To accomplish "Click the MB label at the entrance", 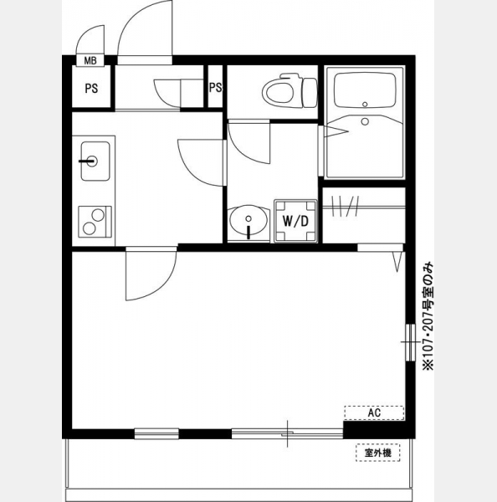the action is pos(90,61).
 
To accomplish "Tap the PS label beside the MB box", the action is pos(91,89).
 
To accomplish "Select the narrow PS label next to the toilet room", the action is pos(216,87).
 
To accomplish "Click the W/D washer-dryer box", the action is pos(295,221).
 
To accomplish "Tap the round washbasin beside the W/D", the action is pos(248,220).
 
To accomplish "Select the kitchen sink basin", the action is pos(95,161).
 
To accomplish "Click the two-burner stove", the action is pos(95,222).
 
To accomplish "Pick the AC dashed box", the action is pos(374,412).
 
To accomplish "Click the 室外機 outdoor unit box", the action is pos(378,453).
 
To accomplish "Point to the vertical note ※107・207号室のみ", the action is pos(428,315).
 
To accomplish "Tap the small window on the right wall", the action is pos(410,342).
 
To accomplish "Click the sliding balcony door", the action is pos(287,433).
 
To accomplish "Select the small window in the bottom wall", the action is pos(156,433).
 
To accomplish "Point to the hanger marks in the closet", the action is pos(346,206).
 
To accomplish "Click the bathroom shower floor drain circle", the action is pos(365,121).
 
